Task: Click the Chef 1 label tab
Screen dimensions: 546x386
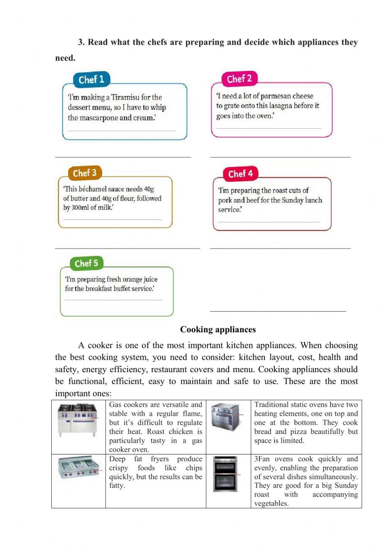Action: (x=91, y=80)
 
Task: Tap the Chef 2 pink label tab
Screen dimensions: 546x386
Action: (x=239, y=79)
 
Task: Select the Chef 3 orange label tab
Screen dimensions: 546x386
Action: (x=85, y=173)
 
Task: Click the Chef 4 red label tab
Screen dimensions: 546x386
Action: (x=240, y=173)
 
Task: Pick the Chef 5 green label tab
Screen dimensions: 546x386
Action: (x=86, y=263)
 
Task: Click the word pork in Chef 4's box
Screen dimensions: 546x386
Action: (x=225, y=200)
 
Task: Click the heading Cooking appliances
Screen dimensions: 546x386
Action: (x=218, y=330)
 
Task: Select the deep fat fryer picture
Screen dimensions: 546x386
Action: (x=78, y=468)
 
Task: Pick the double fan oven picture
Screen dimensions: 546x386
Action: (x=226, y=474)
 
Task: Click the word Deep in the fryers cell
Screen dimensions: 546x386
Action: (x=117, y=459)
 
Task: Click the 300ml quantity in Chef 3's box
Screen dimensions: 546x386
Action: (x=80, y=208)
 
